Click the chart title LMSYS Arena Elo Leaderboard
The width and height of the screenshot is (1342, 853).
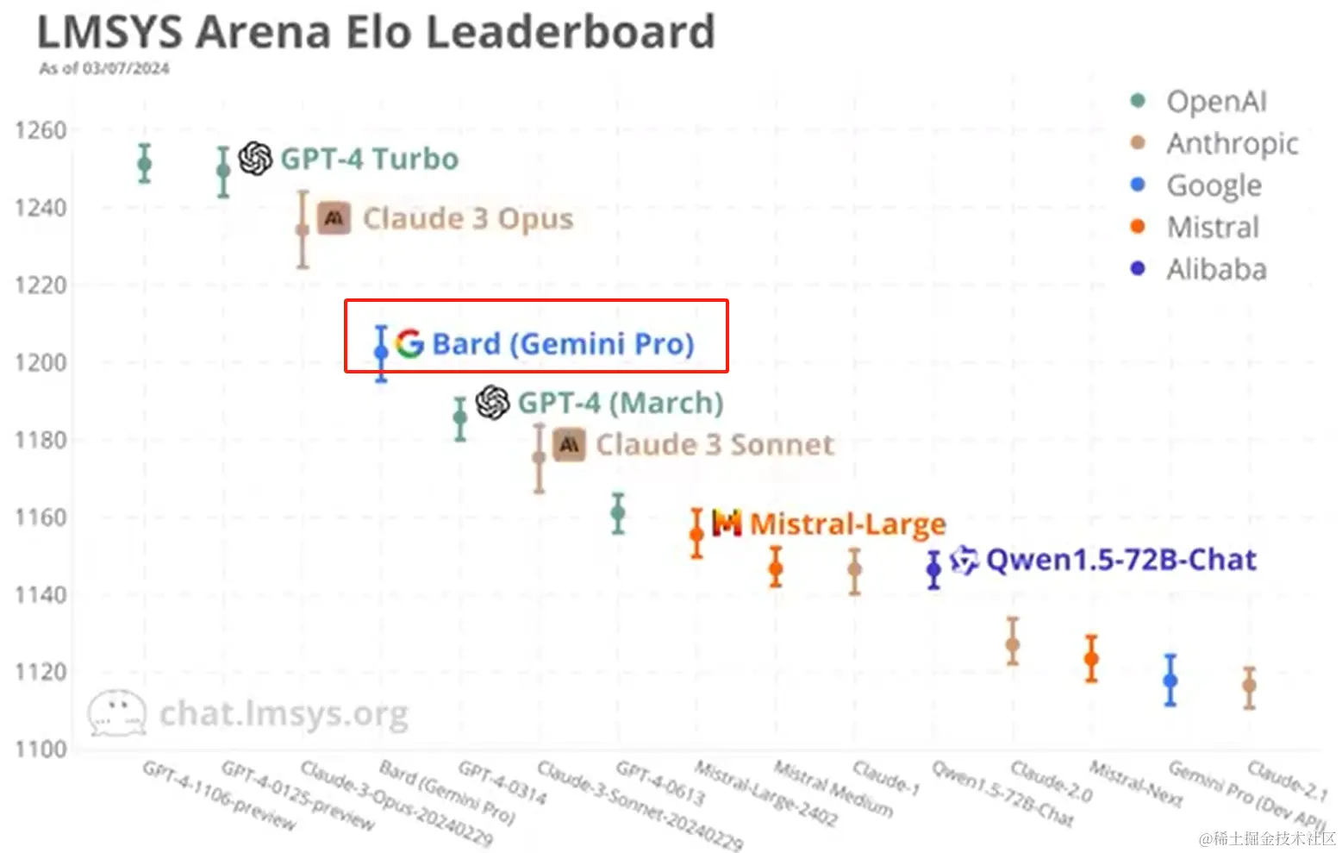tap(376, 33)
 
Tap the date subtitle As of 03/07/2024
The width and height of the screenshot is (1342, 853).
tap(104, 68)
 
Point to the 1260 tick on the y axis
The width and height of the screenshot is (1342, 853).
tap(41, 130)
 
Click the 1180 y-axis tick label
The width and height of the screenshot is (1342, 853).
tap(41, 440)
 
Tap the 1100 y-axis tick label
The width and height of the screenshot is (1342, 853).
tap(41, 749)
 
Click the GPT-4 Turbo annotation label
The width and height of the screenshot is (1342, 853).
tap(369, 160)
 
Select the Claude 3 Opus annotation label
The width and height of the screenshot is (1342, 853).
tap(467, 219)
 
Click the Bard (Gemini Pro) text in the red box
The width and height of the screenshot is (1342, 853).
tap(563, 344)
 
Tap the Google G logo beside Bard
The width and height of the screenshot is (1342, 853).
tap(409, 343)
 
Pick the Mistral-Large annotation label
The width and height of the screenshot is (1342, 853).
tap(847, 524)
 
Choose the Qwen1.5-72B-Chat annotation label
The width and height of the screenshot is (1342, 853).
tap(1120, 560)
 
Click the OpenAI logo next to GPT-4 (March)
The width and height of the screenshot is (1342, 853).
tap(493, 403)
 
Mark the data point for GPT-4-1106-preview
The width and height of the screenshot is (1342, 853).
tap(145, 164)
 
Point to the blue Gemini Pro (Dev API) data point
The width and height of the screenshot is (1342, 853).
tap(1170, 681)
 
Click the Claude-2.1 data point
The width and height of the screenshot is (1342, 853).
tap(1249, 687)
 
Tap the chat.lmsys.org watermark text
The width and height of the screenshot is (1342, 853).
tap(284, 714)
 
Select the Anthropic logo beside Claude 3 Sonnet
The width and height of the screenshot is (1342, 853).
tap(569, 444)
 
